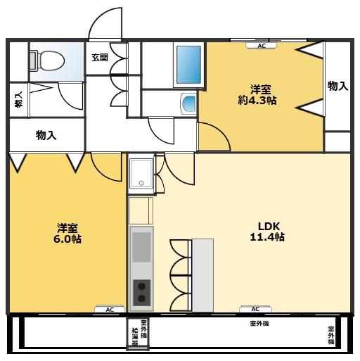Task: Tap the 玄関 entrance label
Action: tap(99, 58)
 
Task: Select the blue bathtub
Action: tap(188, 65)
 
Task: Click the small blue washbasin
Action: tap(189, 104)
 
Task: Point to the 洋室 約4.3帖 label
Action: tap(261, 95)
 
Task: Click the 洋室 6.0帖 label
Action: tap(67, 233)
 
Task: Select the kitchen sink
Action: tap(141, 246)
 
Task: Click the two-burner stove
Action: tap(141, 291)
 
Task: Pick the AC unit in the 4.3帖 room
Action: tap(261, 46)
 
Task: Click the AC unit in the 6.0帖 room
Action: tap(109, 309)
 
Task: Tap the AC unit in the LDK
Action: tap(255, 308)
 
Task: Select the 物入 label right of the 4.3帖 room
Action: tap(337, 86)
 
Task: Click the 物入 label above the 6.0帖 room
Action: tap(46, 135)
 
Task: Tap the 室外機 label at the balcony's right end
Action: tap(331, 336)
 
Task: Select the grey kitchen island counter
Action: tap(202, 274)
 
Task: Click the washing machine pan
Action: tap(141, 173)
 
